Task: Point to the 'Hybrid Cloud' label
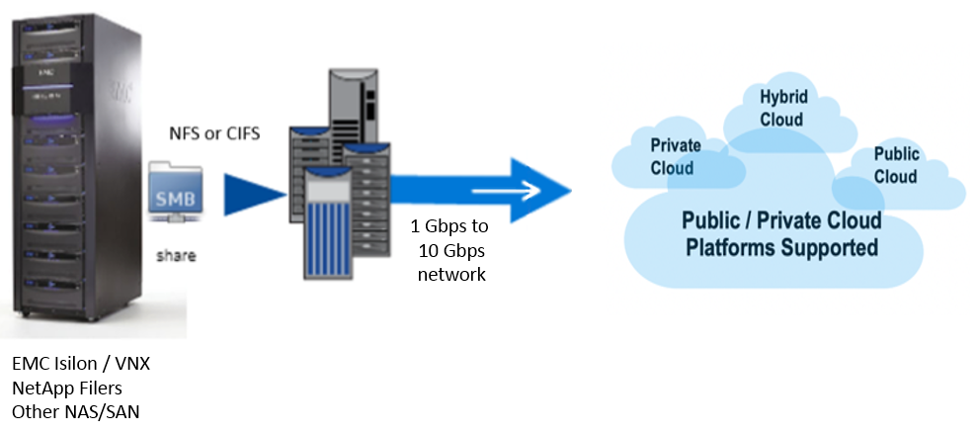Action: (x=780, y=108)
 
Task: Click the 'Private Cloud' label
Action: (x=675, y=156)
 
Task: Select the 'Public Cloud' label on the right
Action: (x=896, y=165)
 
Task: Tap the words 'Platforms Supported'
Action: (x=781, y=246)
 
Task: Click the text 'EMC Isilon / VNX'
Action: (x=81, y=364)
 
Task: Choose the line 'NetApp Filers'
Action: (x=67, y=388)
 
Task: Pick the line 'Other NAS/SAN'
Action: (x=75, y=411)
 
